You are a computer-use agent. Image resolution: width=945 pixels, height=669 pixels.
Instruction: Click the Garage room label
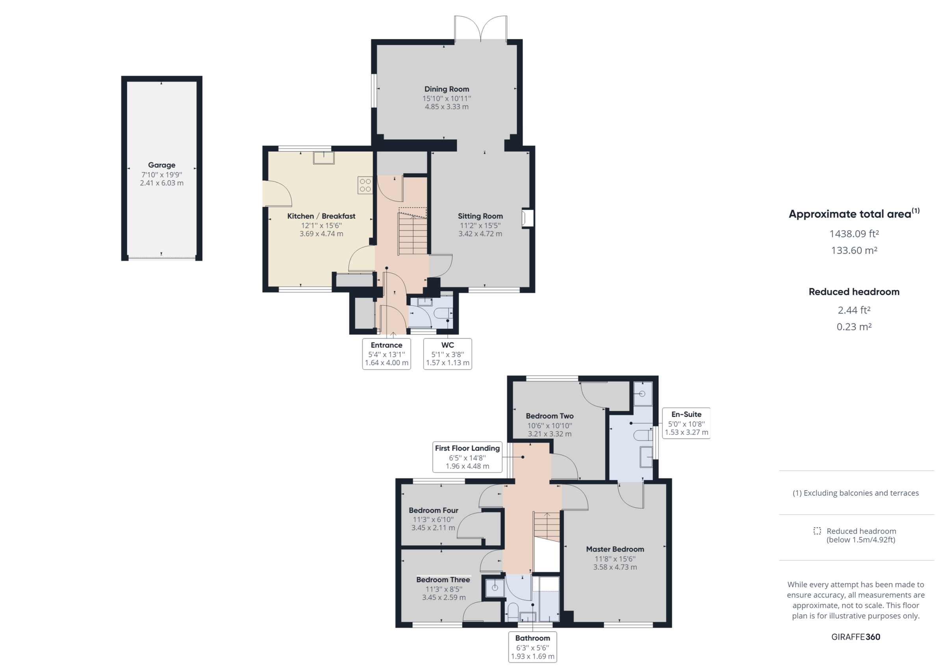click(161, 165)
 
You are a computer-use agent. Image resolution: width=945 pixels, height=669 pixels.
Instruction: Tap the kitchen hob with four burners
click(365, 185)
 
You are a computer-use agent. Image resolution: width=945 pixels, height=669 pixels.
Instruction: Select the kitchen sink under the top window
click(324, 158)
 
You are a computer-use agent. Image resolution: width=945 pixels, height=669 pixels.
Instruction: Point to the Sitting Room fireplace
click(527, 218)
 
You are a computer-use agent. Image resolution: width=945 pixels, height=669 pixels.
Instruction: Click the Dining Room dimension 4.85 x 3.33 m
click(447, 107)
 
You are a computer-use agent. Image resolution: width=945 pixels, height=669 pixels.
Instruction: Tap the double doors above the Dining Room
click(481, 29)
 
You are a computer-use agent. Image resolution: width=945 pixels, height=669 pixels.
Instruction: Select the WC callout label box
click(447, 354)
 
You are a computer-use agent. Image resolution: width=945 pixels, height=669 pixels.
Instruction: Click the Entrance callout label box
click(387, 354)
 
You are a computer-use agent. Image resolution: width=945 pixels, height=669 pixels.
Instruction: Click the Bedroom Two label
click(549, 416)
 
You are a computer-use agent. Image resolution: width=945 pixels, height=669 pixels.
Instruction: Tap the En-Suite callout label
click(686, 423)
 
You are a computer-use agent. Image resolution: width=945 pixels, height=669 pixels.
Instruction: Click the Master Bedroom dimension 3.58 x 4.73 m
click(615, 567)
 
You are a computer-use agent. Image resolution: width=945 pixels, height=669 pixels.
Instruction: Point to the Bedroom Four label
click(434, 510)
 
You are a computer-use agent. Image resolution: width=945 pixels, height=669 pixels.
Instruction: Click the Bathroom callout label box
click(533, 647)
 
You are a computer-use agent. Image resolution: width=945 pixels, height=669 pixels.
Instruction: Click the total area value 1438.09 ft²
click(854, 234)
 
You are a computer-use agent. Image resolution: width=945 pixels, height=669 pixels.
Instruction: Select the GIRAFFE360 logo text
click(855, 637)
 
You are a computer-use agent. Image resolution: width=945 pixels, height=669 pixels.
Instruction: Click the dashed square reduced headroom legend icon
click(817, 531)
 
